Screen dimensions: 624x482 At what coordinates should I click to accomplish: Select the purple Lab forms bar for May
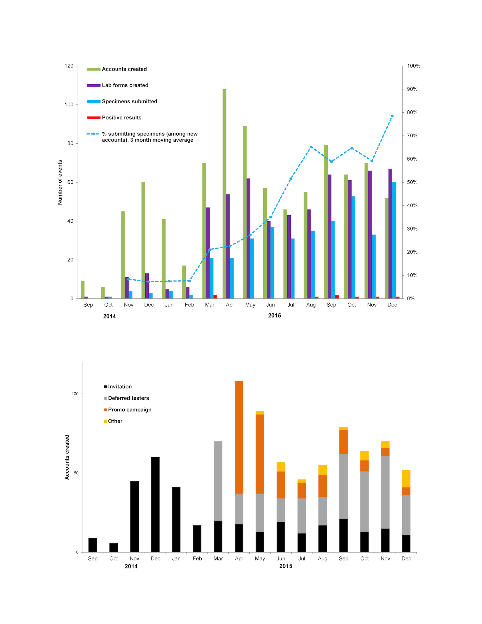click(248, 238)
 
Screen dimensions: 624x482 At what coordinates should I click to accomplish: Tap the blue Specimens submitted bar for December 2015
click(394, 240)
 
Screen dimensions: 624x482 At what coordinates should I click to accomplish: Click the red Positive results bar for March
click(215, 297)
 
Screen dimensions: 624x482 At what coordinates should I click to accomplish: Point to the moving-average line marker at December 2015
click(392, 116)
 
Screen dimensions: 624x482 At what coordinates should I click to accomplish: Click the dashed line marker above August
click(311, 147)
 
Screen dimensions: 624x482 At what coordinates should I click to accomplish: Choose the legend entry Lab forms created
click(125, 85)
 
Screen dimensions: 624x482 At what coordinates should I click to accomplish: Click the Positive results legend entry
click(122, 117)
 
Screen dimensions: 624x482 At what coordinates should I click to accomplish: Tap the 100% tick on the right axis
click(413, 66)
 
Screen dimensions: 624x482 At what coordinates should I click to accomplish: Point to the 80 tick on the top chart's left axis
click(70, 143)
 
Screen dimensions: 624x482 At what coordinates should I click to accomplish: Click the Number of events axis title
click(60, 182)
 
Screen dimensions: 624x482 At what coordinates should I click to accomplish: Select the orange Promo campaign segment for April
click(239, 437)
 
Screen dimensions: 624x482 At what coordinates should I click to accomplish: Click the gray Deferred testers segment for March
click(218, 481)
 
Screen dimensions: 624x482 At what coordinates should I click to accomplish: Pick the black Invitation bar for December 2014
click(155, 505)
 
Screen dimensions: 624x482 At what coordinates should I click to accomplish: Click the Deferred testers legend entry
click(128, 398)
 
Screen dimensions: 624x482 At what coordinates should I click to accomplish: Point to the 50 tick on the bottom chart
click(76, 473)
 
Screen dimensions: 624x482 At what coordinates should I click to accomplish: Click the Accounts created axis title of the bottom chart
click(67, 457)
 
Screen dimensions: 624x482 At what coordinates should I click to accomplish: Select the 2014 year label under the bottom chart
click(131, 566)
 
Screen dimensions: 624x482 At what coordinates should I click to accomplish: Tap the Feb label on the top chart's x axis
click(189, 305)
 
